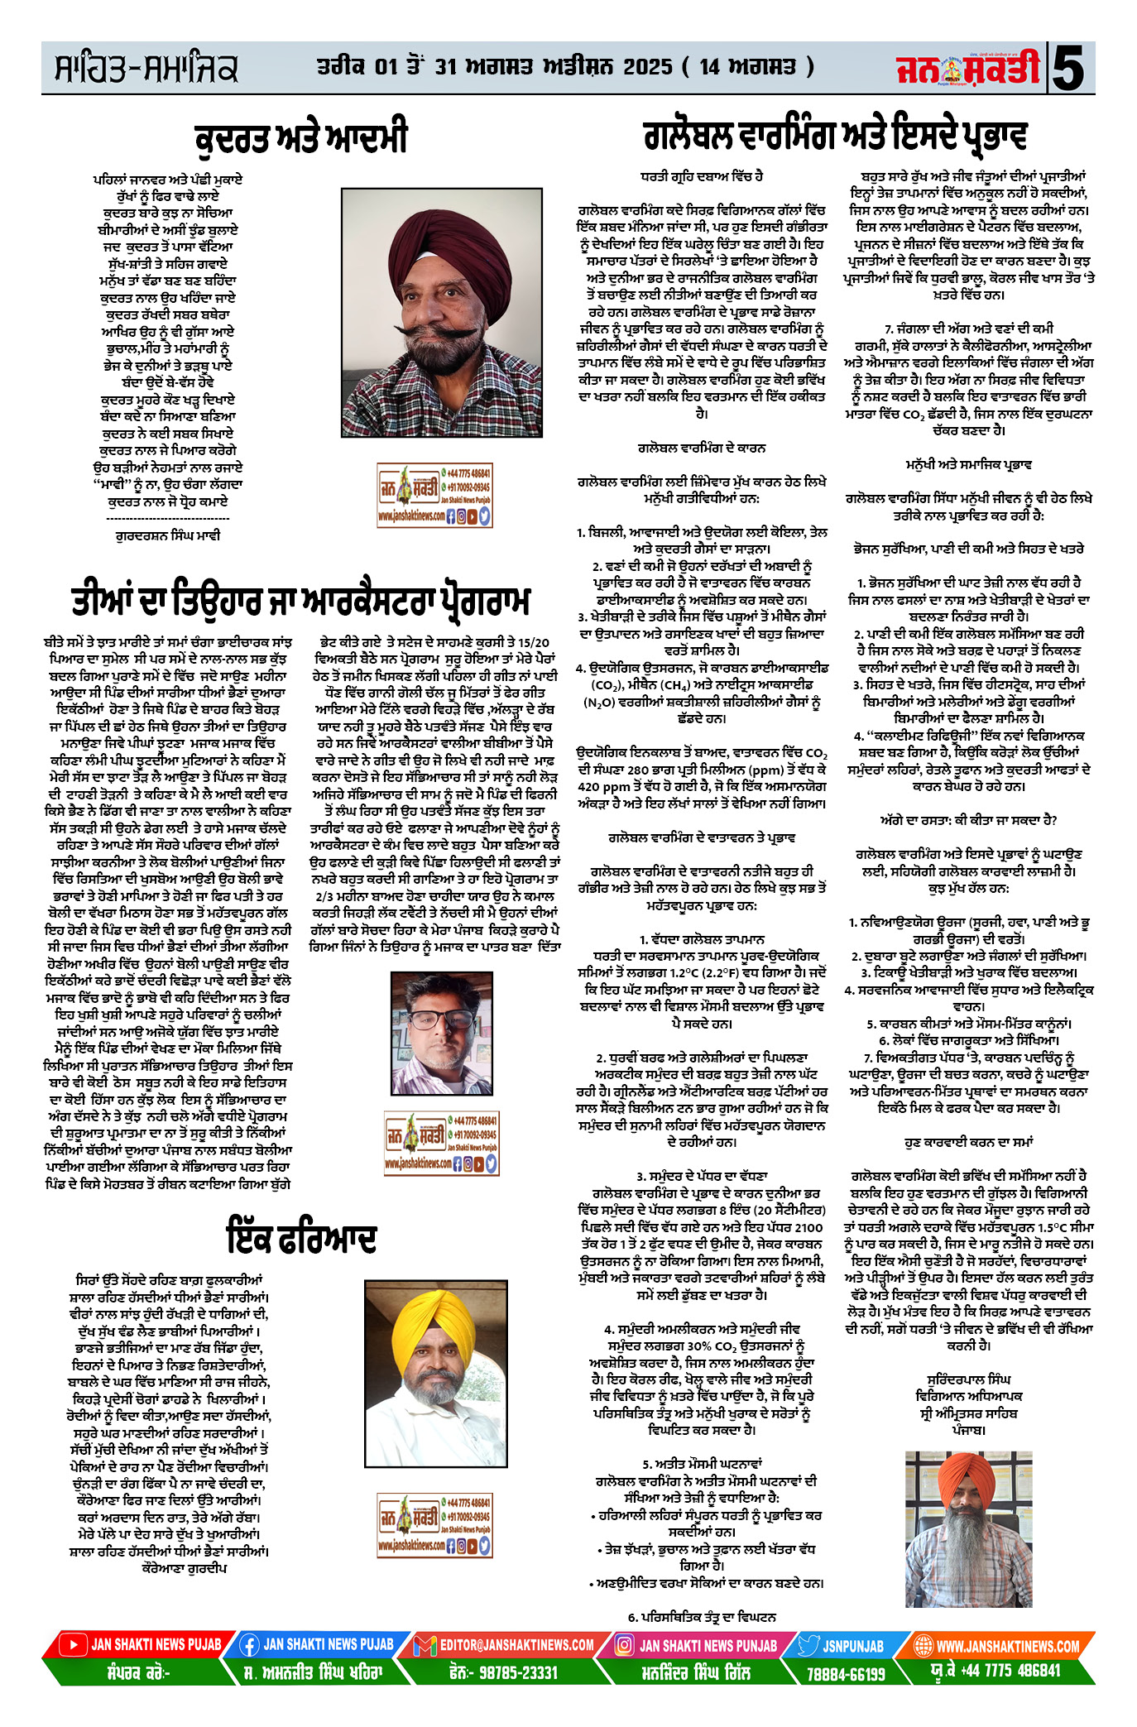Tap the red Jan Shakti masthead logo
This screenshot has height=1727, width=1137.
click(x=968, y=69)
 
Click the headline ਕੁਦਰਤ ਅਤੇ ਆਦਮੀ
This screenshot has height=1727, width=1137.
click(x=301, y=138)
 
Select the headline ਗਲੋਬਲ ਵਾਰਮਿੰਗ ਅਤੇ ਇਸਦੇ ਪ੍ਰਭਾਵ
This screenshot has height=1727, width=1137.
click(x=835, y=137)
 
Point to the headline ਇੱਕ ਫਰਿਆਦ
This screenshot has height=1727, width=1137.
click(x=301, y=1239)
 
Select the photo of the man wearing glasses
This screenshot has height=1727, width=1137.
click(x=440, y=1033)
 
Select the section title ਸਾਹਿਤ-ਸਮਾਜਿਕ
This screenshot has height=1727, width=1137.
click(x=146, y=69)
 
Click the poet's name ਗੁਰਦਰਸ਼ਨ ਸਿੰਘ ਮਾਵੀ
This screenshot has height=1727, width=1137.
click(x=167, y=535)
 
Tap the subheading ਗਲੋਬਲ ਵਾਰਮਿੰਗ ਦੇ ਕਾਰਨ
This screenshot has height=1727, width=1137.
click(x=702, y=448)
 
